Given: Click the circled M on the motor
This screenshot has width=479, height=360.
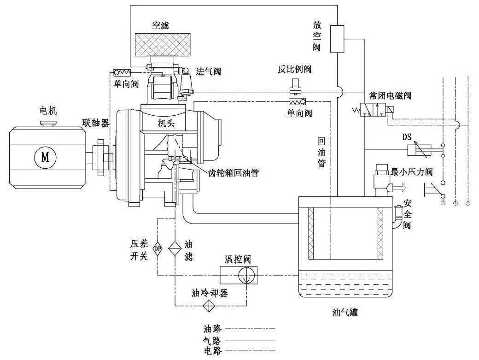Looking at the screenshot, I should point(45,157).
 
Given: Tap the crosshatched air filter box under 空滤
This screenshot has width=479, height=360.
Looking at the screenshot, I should point(161,48).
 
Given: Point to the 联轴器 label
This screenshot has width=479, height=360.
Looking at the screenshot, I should point(95,123).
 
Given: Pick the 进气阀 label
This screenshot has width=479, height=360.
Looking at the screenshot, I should point(209,71).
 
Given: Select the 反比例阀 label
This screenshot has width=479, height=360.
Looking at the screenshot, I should point(294,70).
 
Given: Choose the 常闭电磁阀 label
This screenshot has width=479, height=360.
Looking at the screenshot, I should point(390,95).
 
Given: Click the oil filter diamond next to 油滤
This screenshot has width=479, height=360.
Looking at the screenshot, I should point(175,248).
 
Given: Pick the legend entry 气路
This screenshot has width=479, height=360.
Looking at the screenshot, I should point(212,341).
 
